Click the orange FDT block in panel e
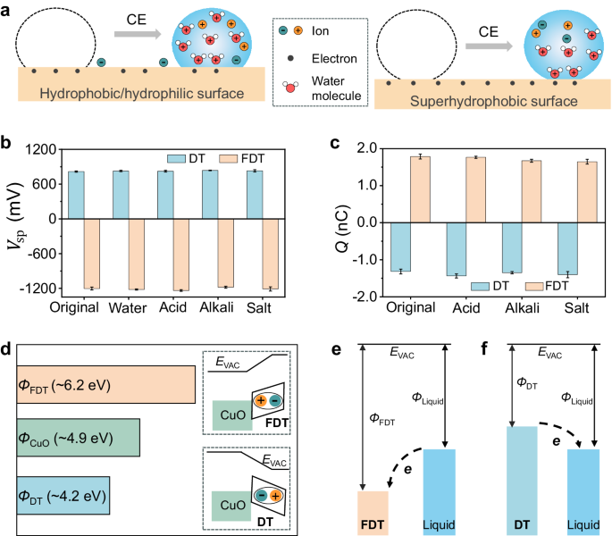pyautogui.click(x=372, y=513)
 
